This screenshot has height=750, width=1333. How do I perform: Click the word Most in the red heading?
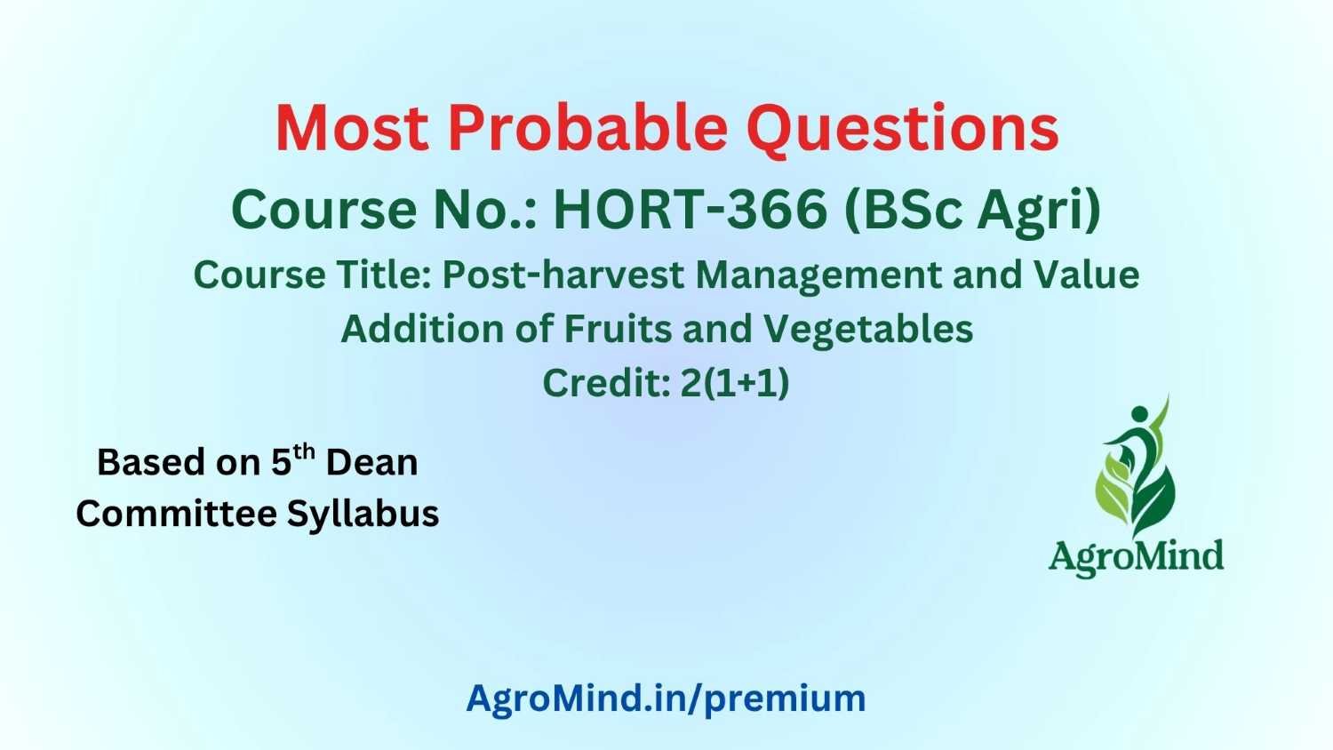[352, 129]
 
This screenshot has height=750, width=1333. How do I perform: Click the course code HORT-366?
[690, 210]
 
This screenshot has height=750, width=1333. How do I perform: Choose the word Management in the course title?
[818, 275]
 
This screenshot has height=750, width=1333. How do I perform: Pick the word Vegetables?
[868, 330]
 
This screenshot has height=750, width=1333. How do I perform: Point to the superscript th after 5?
[304, 453]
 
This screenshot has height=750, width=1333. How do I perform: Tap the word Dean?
[372, 463]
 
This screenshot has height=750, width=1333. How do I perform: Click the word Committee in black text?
[177, 514]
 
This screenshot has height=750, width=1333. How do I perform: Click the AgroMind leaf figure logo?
[1136, 467]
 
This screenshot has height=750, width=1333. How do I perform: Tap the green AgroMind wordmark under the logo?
[1136, 557]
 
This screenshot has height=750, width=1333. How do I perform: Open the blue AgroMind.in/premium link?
[666, 699]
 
